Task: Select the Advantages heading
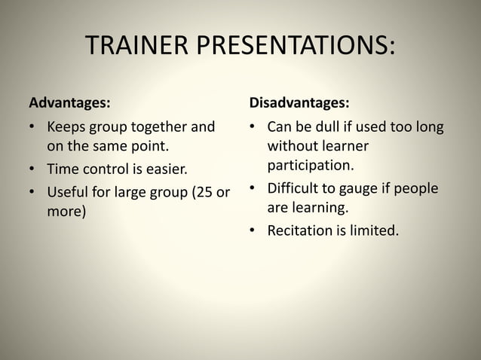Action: click(69, 101)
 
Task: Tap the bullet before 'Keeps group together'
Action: click(33, 127)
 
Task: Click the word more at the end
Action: click(65, 211)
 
